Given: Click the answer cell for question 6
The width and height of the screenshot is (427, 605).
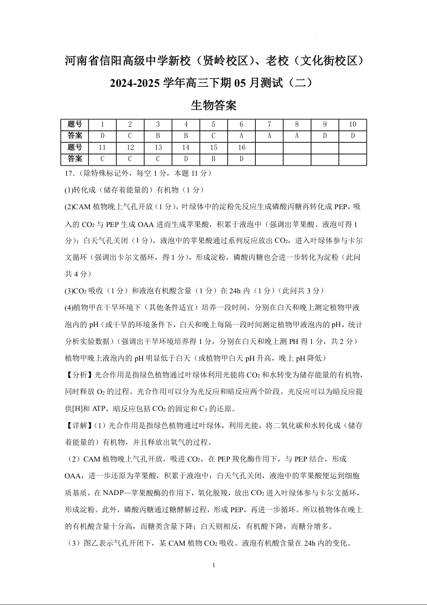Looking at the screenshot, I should [241, 135].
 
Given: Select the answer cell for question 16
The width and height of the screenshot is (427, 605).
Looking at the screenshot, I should [241, 159].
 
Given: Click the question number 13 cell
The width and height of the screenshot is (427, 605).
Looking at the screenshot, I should [158, 147].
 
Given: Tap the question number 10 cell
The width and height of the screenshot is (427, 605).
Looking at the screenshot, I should [353, 124].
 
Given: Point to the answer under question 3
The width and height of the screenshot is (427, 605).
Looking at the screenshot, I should [158, 135].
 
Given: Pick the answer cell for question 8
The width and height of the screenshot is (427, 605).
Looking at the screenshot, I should [297, 135].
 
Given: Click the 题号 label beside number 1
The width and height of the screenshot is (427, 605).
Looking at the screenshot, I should [75, 124].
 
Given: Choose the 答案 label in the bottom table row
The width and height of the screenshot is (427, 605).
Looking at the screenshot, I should [75, 159].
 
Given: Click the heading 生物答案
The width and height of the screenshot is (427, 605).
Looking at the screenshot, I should [214, 105].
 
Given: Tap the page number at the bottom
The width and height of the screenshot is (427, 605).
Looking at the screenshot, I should [214, 565].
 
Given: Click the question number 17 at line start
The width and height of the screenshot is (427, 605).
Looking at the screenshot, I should [68, 173].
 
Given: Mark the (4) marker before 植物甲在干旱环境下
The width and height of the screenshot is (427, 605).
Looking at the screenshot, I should [69, 308].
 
